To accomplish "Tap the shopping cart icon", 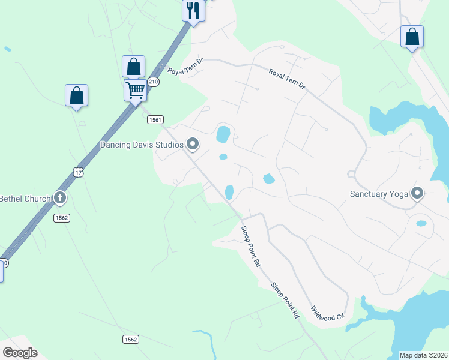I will [136, 91].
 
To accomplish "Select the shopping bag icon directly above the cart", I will [133, 67].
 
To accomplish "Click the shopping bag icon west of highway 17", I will [76, 95].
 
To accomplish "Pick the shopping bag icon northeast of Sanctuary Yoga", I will [412, 37].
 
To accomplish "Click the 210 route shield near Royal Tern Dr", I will [154, 82].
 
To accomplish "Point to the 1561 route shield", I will [155, 120].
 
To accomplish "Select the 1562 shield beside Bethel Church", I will [61, 217].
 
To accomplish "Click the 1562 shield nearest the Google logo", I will [131, 340].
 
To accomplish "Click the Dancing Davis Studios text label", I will [142, 144].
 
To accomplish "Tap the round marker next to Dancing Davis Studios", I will [193, 144].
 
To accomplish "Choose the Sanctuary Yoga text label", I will [378, 194].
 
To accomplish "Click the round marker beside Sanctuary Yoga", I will [417, 193].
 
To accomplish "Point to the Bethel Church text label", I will [25, 198].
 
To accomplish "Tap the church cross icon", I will [59, 197].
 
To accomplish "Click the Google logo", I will [20, 353].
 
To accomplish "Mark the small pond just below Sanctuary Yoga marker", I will [421, 223].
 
